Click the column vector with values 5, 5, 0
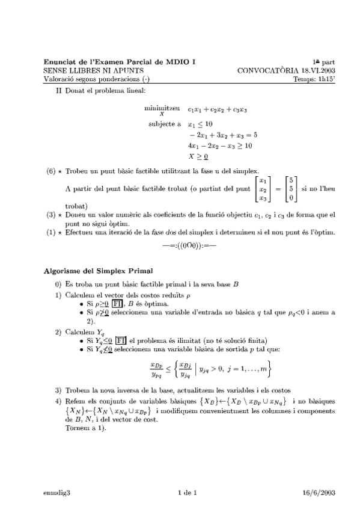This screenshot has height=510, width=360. pos(291,188)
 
